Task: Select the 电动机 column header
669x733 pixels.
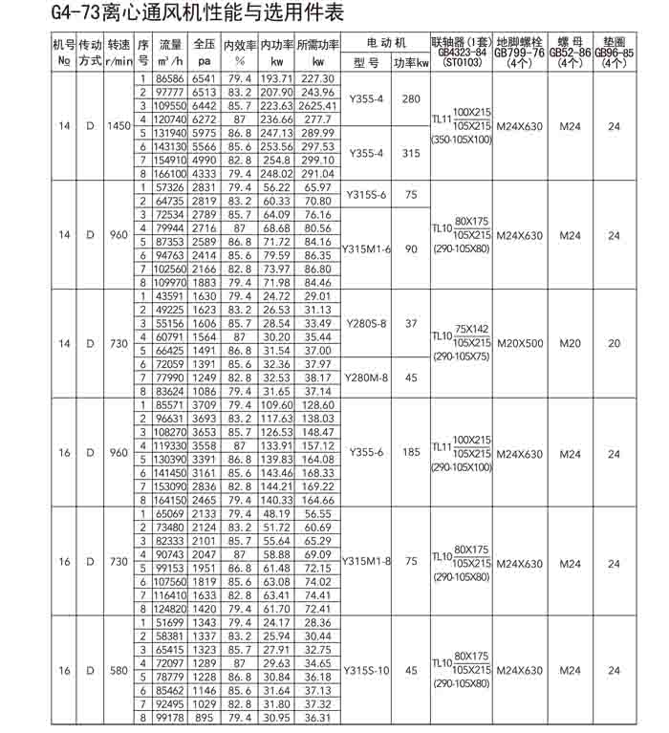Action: tap(387, 44)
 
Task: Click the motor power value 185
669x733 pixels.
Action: tap(411, 452)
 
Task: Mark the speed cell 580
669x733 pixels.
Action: tap(119, 670)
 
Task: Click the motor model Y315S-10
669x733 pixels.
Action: tap(366, 670)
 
